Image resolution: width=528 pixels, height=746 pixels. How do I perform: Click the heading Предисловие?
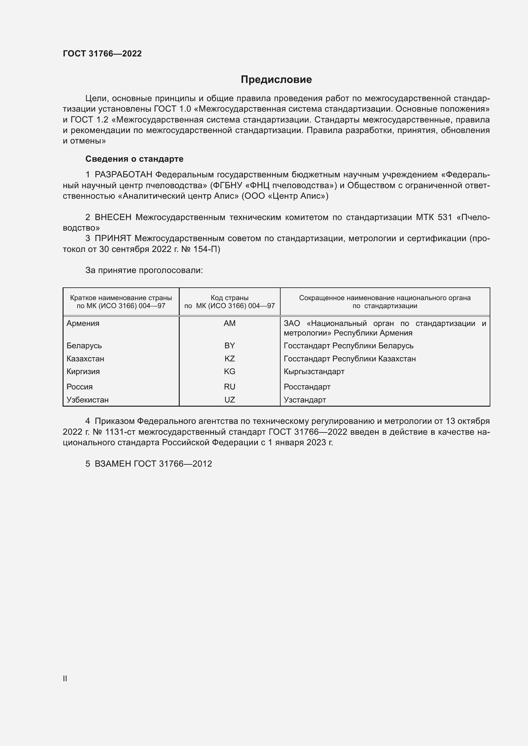pyautogui.click(x=276, y=80)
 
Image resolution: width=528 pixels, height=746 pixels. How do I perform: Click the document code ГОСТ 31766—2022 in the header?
pyautogui.click(x=102, y=54)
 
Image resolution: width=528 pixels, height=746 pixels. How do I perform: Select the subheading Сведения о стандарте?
pyautogui.click(x=134, y=159)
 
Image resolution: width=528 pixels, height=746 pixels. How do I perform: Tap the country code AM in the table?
pyautogui.click(x=230, y=323)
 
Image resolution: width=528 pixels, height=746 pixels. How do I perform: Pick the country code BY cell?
pyautogui.click(x=230, y=346)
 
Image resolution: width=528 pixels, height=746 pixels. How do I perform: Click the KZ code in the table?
pyautogui.click(x=230, y=359)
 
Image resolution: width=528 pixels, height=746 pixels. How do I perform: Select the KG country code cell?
pyautogui.click(x=230, y=371)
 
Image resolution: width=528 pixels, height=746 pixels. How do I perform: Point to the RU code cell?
pyautogui.click(x=230, y=387)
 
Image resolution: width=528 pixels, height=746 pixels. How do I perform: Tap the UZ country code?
pyautogui.click(x=230, y=400)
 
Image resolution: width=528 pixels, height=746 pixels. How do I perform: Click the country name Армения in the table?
pyautogui.click(x=83, y=323)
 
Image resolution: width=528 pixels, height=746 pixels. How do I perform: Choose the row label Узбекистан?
pyautogui.click(x=87, y=400)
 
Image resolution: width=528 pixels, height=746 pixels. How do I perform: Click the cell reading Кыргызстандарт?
pyautogui.click(x=314, y=371)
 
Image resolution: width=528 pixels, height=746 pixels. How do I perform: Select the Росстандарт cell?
pyautogui.click(x=307, y=387)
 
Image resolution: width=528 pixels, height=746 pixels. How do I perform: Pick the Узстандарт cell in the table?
pyautogui.click(x=305, y=400)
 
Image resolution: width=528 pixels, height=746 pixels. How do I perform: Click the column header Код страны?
pyautogui.click(x=230, y=298)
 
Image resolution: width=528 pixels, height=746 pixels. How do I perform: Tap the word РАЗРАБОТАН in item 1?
pyautogui.click(x=123, y=175)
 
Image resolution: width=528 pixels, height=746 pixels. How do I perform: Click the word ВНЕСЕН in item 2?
pyautogui.click(x=113, y=218)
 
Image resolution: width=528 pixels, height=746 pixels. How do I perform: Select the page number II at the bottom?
pyautogui.click(x=65, y=678)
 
